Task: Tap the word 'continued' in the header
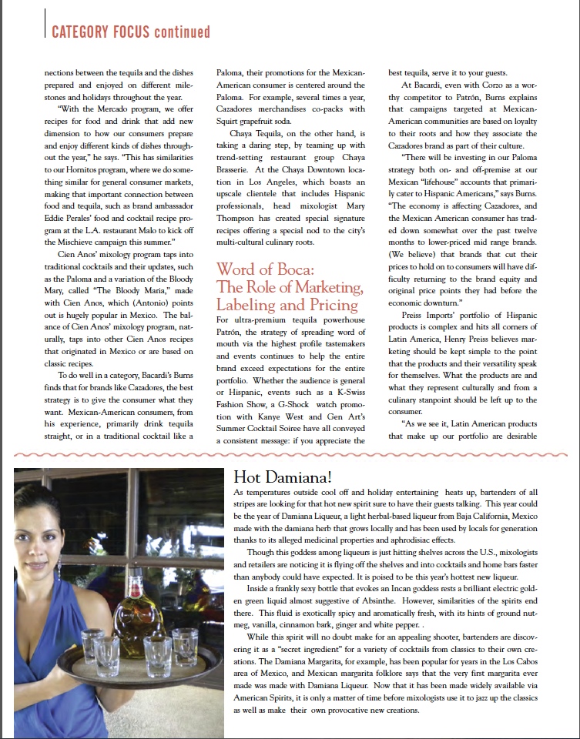click(182, 32)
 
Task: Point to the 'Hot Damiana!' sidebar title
click(274, 476)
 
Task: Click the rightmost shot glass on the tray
click(186, 645)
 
